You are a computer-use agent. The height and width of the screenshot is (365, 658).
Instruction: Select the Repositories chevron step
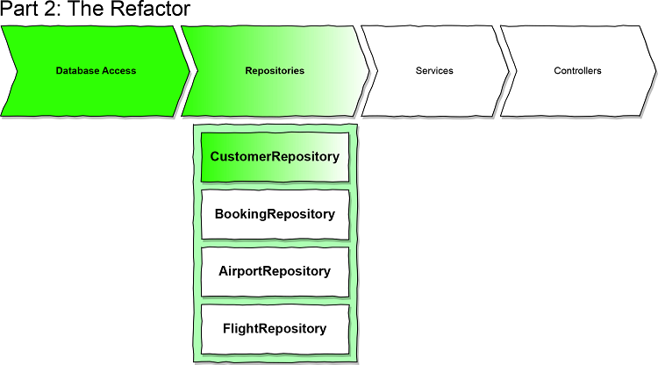coord(275,71)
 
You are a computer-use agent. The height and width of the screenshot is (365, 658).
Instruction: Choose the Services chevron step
coord(433,71)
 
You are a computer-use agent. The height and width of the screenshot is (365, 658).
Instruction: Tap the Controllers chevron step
coord(577,71)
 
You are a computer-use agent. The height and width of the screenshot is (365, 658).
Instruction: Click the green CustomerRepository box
coord(275,157)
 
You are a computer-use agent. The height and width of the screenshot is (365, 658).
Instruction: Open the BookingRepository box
coord(275,214)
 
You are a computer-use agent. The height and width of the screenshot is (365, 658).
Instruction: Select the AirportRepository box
coord(275,271)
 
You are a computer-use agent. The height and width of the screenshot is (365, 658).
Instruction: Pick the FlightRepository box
coord(275,329)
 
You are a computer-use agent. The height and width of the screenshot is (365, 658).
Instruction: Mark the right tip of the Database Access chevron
coord(189,71)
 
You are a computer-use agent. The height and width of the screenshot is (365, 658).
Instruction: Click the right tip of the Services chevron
coord(508,71)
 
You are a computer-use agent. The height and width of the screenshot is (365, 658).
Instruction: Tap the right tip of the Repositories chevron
coord(369,71)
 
